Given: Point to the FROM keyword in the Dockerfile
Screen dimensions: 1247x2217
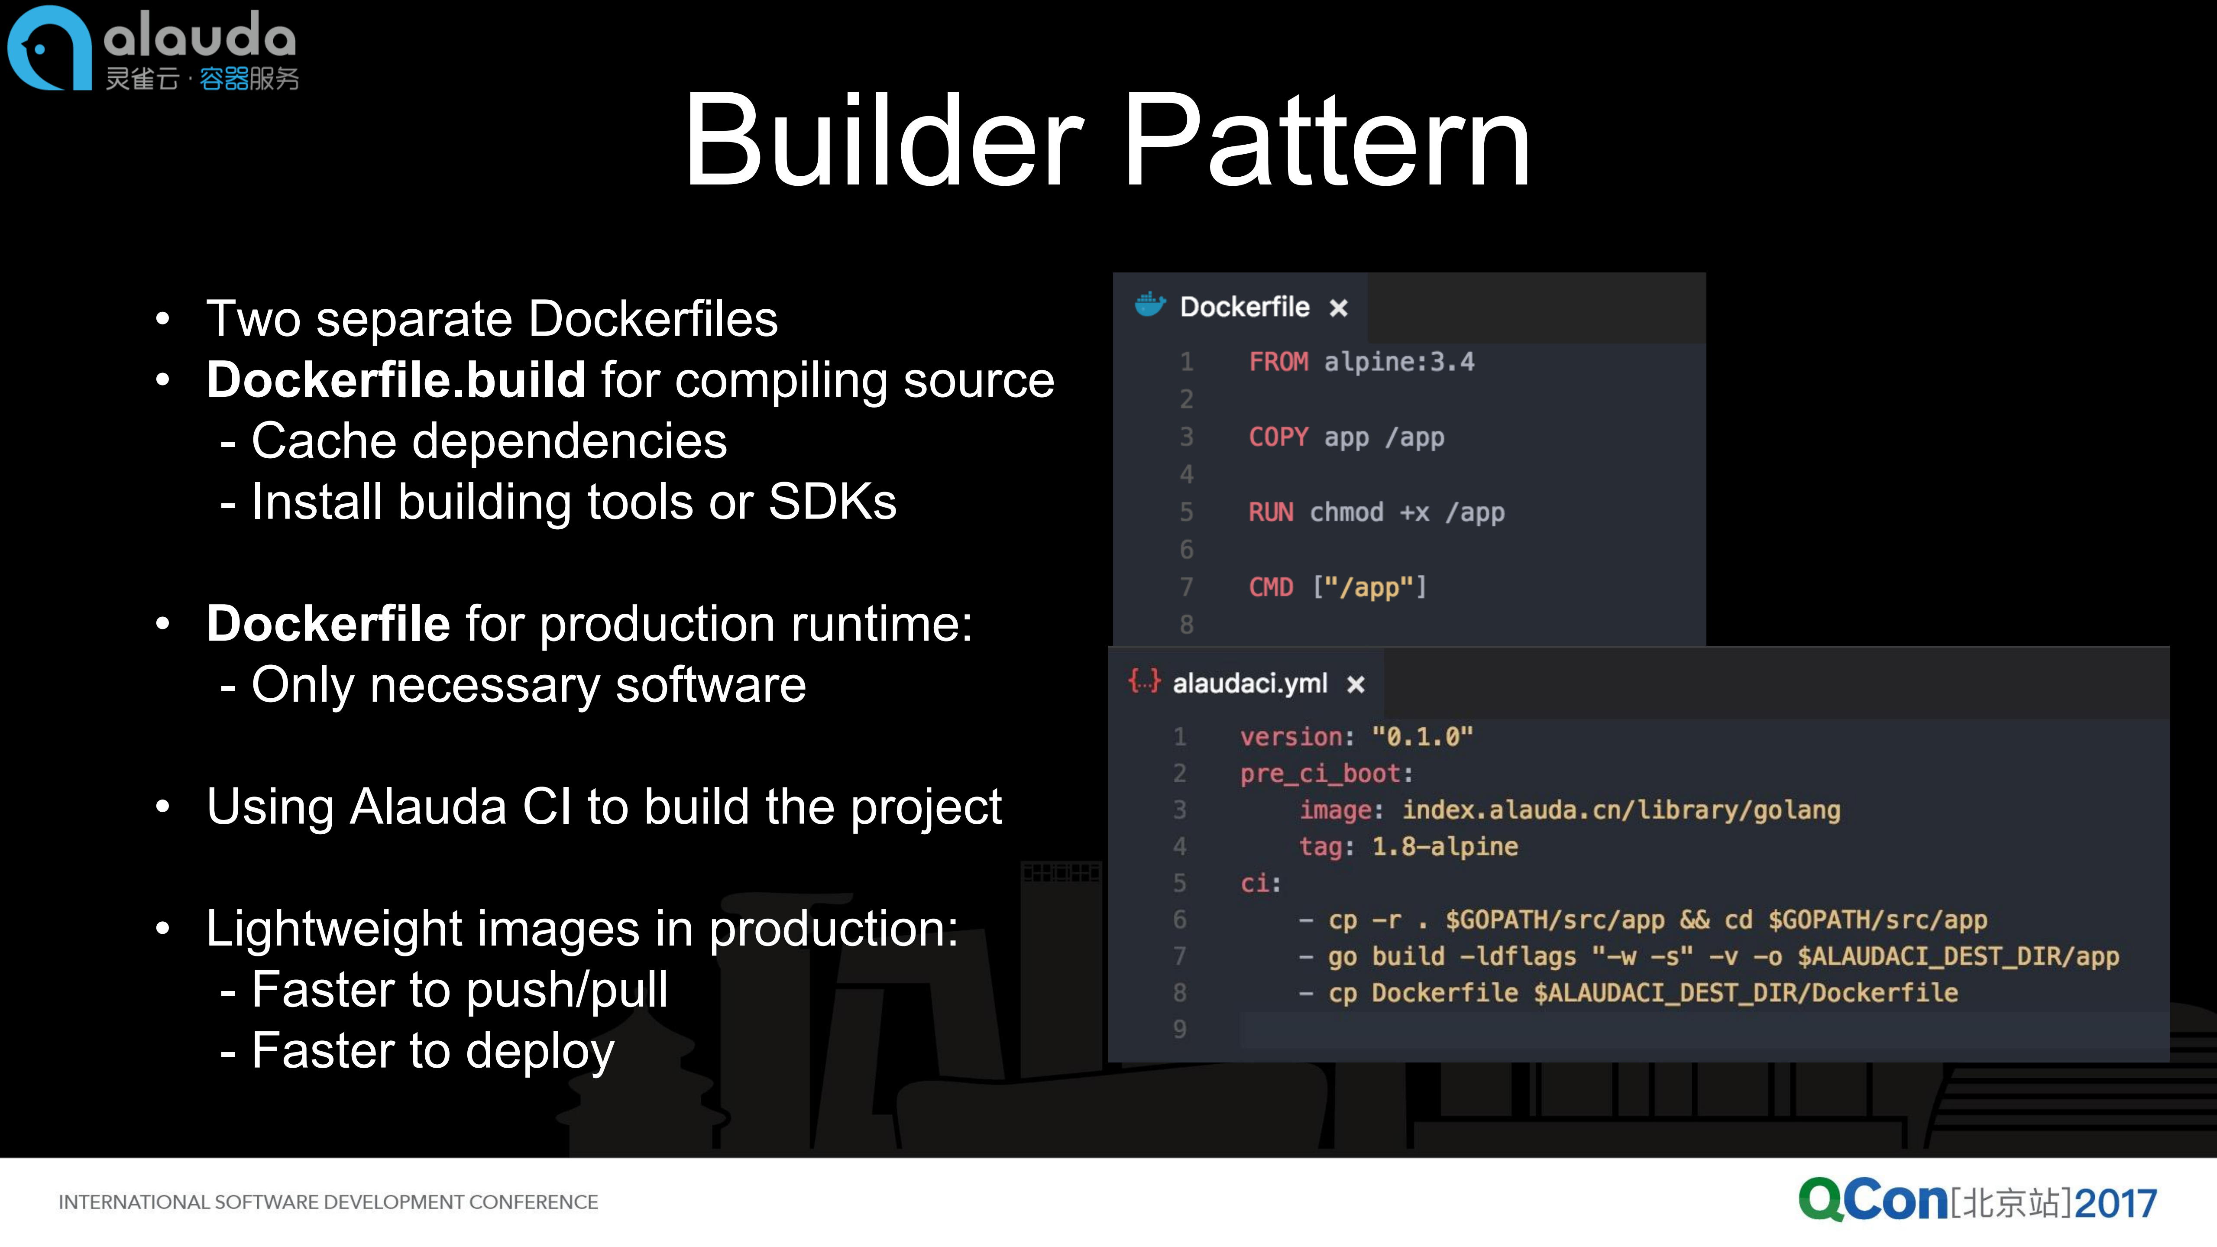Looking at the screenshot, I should [x=1278, y=361].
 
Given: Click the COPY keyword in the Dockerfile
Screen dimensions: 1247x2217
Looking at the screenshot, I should [x=1278, y=437].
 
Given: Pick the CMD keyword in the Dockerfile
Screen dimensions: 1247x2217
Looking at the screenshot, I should [x=1270, y=588].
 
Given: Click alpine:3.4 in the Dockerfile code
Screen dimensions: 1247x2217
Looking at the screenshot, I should [x=1398, y=361].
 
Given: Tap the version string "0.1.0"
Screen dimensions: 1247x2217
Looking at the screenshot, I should [x=1422, y=737].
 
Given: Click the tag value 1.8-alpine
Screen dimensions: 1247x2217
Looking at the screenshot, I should [x=1444, y=847].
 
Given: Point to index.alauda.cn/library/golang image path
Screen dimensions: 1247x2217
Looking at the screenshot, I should [x=1621, y=810].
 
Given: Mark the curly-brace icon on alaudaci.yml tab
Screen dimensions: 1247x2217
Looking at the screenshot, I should [x=1144, y=683].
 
